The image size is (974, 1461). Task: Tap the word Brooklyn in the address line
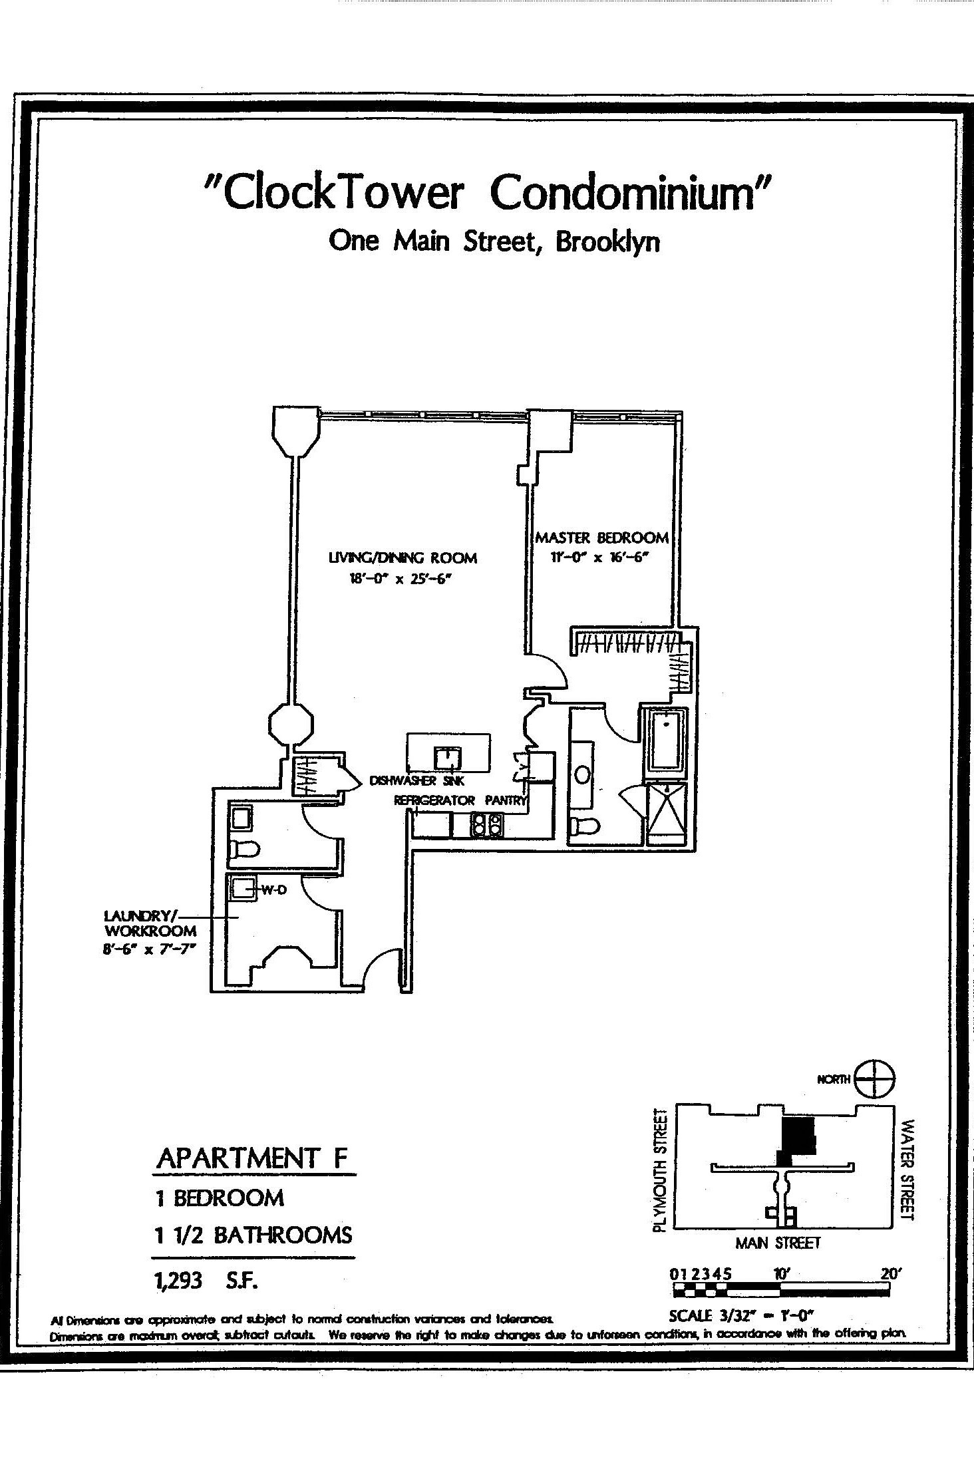point(607,242)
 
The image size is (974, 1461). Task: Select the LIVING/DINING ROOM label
point(403,558)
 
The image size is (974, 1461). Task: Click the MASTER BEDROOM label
point(601,537)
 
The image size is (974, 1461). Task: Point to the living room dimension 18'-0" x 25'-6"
point(396,579)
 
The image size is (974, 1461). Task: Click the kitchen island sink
point(448,758)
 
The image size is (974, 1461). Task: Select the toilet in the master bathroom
point(585,827)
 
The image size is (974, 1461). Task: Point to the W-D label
point(273,890)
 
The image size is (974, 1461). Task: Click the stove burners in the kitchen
point(486,825)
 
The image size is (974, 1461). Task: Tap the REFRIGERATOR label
point(434,800)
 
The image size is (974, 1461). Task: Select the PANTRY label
point(505,800)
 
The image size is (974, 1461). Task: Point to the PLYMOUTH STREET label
point(659,1170)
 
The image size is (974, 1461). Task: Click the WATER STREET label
point(907,1170)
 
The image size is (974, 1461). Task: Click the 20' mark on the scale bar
point(890,1274)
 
